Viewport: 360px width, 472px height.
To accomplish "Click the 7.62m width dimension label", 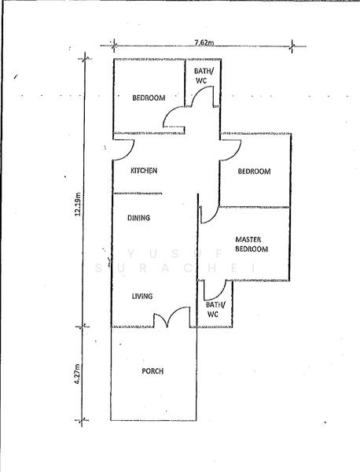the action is point(204,42).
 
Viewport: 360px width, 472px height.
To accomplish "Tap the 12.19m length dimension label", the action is point(78,204).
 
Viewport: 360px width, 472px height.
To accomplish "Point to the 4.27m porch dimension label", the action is point(78,374).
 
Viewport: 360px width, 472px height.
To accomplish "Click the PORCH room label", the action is point(152,371).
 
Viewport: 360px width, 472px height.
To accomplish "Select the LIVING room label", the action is point(142,297).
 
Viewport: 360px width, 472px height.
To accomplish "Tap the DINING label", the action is point(138,218).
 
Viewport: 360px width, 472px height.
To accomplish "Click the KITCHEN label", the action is point(144,171).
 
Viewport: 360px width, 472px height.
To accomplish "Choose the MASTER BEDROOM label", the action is point(252,244).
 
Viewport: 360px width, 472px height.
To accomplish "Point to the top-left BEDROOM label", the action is point(149,98).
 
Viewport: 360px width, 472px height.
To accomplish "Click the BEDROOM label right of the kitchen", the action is point(254,171).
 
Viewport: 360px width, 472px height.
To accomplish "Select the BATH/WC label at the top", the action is point(204,76).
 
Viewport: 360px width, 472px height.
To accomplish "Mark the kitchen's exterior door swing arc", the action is point(129,153).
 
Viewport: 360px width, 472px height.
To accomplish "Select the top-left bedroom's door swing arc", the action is point(169,112).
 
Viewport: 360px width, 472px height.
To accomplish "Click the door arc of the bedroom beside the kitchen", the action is point(236,154).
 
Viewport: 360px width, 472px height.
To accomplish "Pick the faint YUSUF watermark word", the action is point(178,254).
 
